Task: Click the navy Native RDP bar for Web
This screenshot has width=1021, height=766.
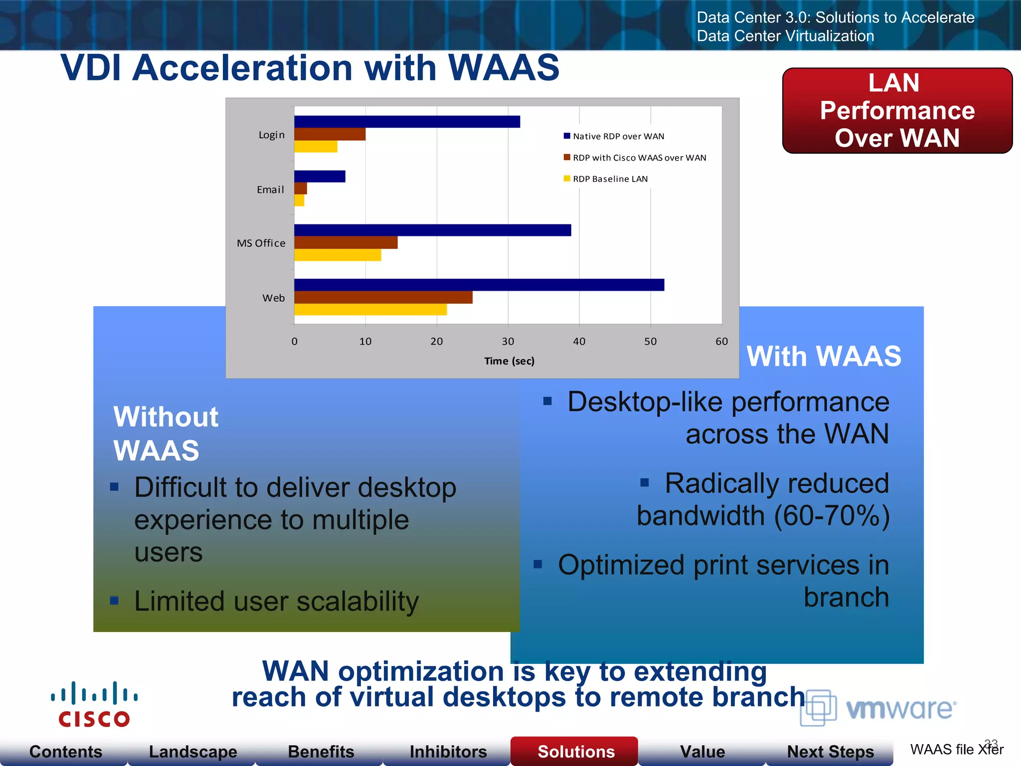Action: tap(479, 285)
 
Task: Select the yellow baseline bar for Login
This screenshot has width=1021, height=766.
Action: tap(316, 147)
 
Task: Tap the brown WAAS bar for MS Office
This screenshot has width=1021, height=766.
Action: tap(345, 243)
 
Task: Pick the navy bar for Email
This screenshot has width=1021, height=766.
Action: tap(320, 177)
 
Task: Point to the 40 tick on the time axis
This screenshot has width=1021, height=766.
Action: tap(579, 342)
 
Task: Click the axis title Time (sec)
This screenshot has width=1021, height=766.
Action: tap(509, 361)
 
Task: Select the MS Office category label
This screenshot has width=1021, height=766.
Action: tap(261, 243)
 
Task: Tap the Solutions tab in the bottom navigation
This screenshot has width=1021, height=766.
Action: tap(576, 751)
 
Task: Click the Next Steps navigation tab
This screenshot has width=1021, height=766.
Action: tap(830, 751)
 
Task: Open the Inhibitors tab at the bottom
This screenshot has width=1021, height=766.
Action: tap(448, 751)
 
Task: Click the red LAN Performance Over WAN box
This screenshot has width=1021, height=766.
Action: tap(897, 111)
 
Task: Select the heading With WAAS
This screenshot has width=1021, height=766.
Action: tap(824, 356)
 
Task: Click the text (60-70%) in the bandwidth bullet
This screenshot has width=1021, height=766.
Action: tap(832, 516)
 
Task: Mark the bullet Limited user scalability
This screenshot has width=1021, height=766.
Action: tap(276, 601)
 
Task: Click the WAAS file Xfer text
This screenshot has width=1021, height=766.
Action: tap(956, 750)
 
